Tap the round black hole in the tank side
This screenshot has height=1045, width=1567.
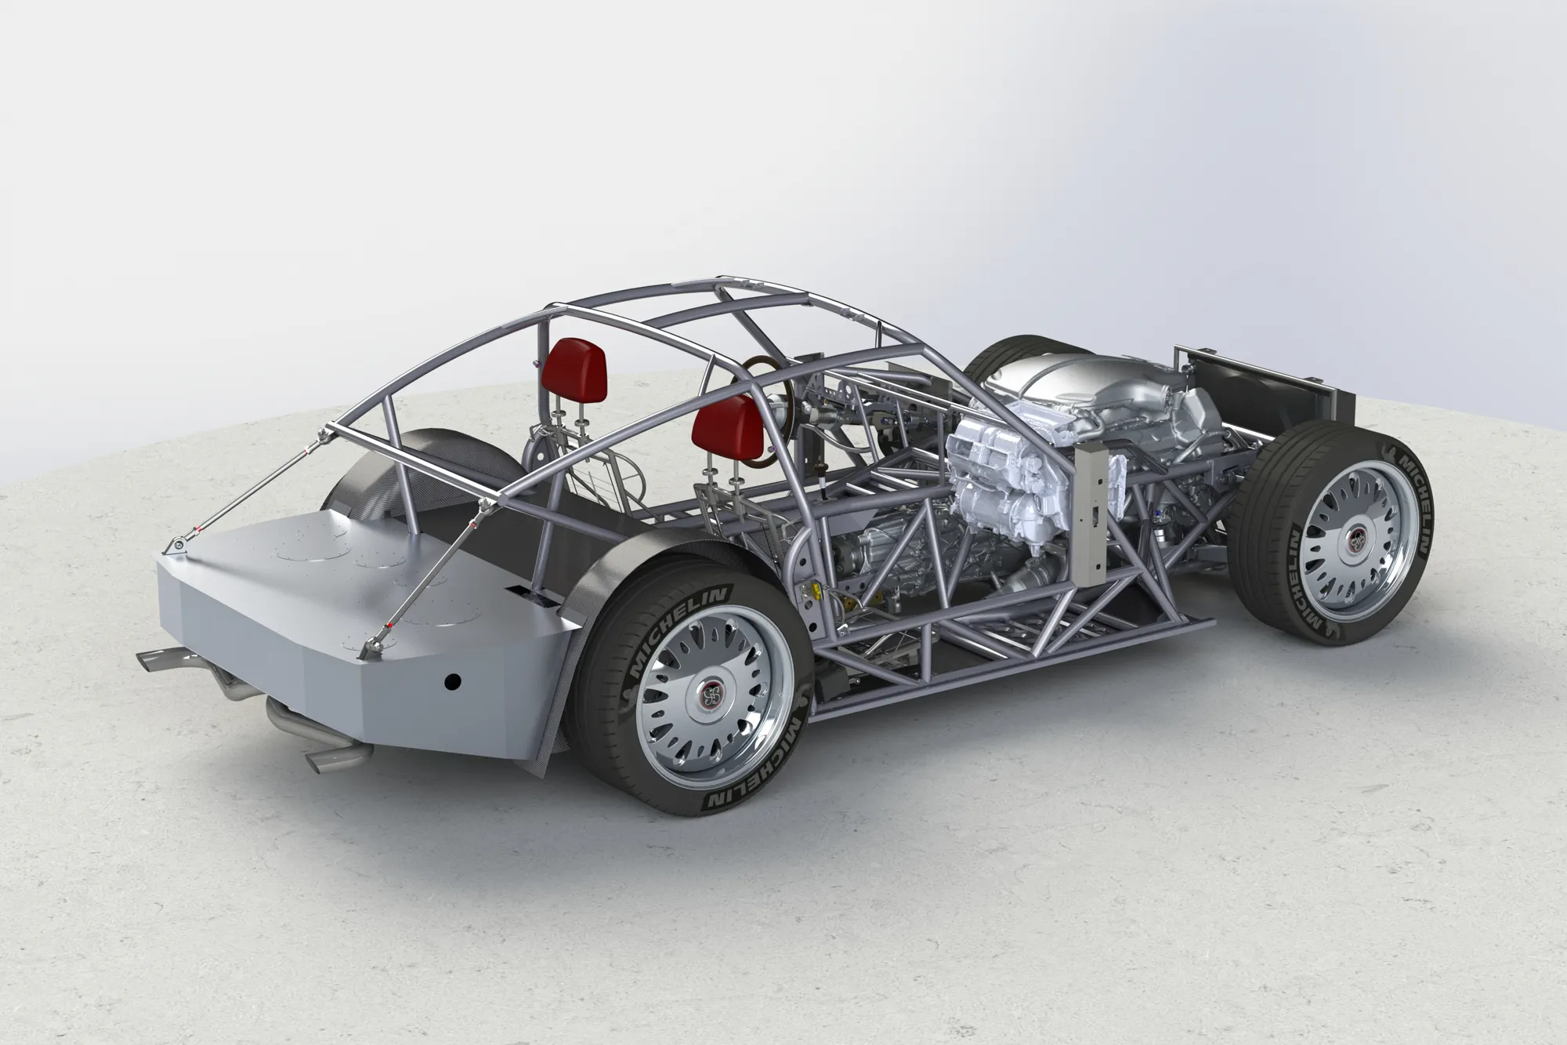(451, 681)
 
